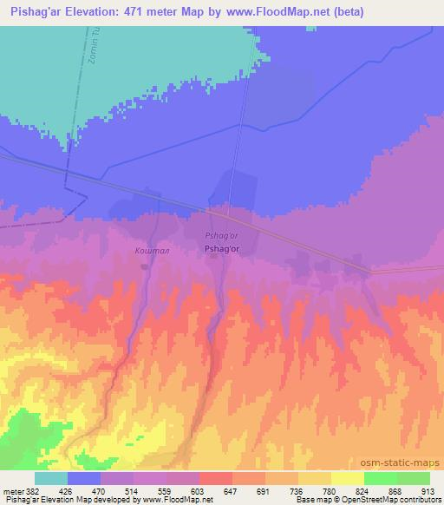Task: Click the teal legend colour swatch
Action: [51, 478]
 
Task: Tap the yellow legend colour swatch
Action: [348, 478]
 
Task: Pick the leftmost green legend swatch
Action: [381, 478]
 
